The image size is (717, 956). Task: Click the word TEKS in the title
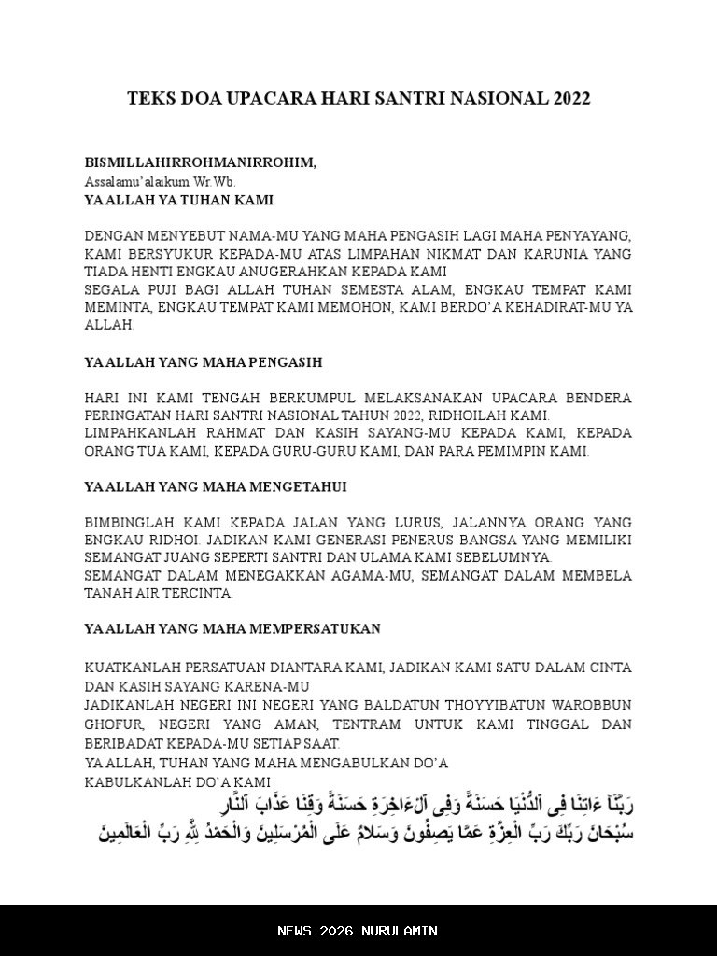click(x=148, y=99)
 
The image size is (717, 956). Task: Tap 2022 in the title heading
click(x=570, y=99)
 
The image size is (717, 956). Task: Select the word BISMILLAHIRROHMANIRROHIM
click(x=200, y=162)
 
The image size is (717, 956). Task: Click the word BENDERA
click(x=598, y=398)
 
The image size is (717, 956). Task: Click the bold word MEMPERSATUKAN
click(x=312, y=629)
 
